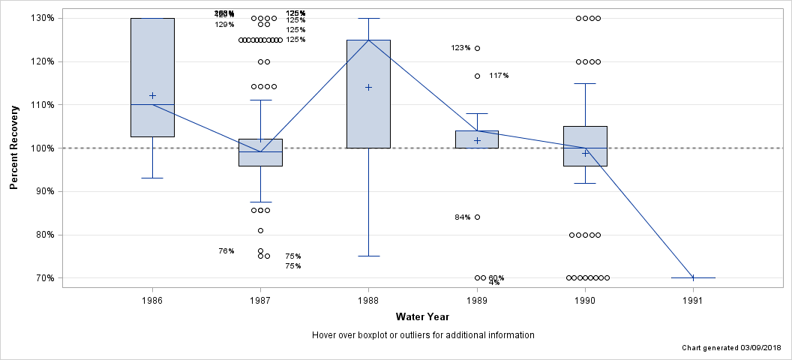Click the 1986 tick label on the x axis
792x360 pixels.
153,300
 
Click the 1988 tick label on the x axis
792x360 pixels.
368,300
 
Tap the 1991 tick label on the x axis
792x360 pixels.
692,300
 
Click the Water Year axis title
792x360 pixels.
422,316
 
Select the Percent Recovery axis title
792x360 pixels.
15,148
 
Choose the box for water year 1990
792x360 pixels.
585,146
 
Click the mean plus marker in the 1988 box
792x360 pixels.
368,87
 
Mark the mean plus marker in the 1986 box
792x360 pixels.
153,95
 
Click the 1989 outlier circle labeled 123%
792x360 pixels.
477,48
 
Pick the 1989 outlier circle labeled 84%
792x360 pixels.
477,217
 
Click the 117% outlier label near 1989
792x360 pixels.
499,76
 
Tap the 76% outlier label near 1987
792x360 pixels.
226,251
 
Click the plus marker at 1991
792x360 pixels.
693,277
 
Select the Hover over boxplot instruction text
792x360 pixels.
422,335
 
